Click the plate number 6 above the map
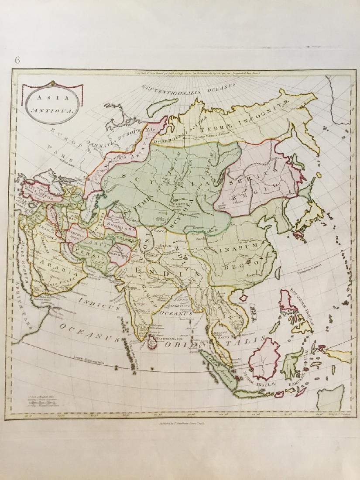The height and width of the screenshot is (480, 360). click(17, 60)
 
